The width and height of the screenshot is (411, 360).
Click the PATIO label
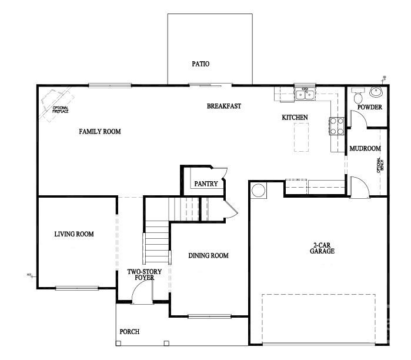[201, 64]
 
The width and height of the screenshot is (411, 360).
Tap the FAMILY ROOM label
[100, 132]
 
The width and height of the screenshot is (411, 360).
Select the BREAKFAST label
[224, 106]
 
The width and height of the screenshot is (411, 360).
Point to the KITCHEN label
[295, 118]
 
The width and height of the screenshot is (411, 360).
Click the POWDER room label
[370, 108]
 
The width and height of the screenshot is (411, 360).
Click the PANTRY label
[206, 184]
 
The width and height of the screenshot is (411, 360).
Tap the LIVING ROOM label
[74, 234]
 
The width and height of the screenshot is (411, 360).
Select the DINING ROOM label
[208, 255]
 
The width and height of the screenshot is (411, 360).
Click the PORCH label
[129, 332]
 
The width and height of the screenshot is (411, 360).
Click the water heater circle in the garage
[258, 191]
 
